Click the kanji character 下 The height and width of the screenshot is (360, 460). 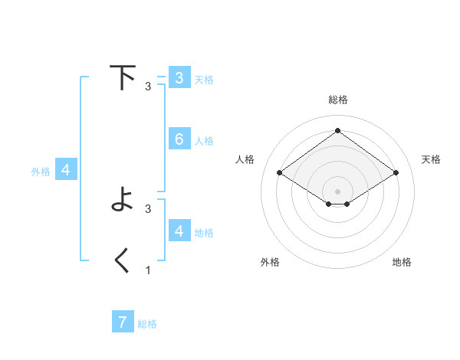pos(122,77)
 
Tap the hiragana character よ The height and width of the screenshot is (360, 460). pos(122,201)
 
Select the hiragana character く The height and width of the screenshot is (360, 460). pos(122,261)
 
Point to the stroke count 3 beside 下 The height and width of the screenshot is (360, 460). pos(148,86)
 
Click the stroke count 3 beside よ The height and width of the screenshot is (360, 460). pos(148,208)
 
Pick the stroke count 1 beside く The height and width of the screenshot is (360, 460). pos(148,270)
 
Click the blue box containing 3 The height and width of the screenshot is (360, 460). pos(179,77)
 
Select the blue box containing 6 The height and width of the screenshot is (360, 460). pos(179,139)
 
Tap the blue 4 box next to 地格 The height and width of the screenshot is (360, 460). pos(179,231)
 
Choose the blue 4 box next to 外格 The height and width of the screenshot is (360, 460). pos(66,170)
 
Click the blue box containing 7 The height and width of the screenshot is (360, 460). pos(123,322)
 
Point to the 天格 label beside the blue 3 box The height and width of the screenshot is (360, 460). pos(204,79)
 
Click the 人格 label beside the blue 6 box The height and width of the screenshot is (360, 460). pos(204,140)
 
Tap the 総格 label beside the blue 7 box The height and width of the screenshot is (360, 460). pos(147,324)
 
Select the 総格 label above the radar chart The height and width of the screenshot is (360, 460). pos(337,100)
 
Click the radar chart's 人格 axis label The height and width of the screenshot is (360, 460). pos(245,159)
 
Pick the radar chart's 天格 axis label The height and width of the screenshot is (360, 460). pos(431,159)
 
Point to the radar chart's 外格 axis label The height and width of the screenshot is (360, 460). pos(270,262)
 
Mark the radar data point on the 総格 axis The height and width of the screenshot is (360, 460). pos(337,130)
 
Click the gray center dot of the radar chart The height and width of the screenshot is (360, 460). pos(337,191)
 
